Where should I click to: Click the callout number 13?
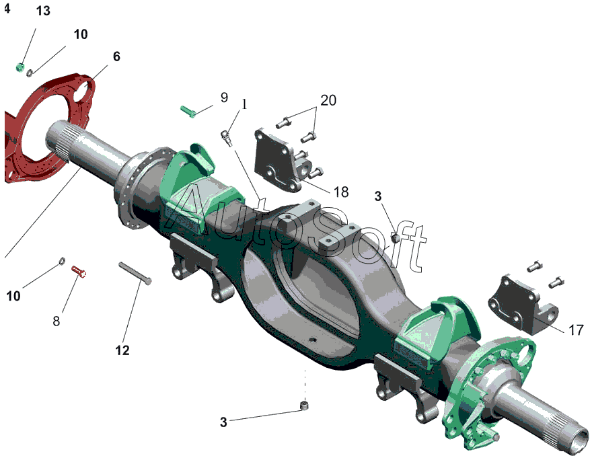43,11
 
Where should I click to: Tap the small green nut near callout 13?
20,67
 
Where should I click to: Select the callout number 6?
116,56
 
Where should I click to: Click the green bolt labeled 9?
187,112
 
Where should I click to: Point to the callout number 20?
328,100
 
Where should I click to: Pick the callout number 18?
340,192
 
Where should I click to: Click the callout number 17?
576,330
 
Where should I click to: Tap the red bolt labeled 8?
79,271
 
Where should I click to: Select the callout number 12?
122,350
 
